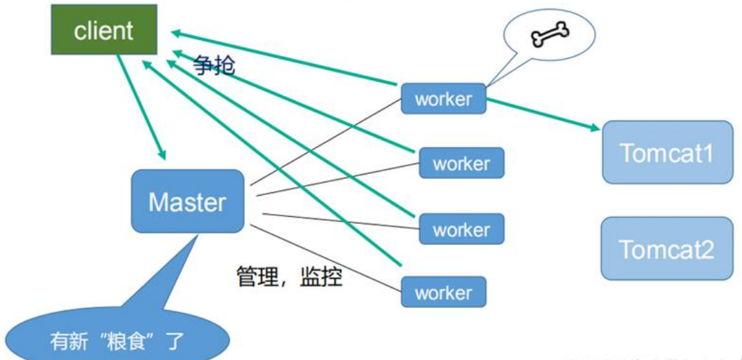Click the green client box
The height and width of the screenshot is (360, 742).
(102, 30)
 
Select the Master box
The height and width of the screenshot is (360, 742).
(187, 201)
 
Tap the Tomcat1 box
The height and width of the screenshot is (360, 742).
(668, 152)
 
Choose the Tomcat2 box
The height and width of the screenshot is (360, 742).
(668, 248)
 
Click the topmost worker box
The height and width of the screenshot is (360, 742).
(443, 99)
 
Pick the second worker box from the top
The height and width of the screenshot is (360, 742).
(461, 164)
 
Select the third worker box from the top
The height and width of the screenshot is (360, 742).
(461, 229)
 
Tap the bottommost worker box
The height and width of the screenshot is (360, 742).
(443, 291)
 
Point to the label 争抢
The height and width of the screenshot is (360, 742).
(214, 66)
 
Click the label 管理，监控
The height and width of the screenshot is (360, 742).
(288, 276)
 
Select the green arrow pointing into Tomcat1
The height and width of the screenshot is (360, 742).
(540, 114)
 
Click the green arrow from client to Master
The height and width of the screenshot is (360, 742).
(140, 105)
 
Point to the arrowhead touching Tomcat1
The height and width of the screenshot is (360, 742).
(594, 127)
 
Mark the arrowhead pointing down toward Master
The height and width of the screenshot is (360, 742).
(162, 152)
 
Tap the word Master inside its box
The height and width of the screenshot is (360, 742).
(187, 202)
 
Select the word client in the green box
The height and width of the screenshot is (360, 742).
(102, 30)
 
